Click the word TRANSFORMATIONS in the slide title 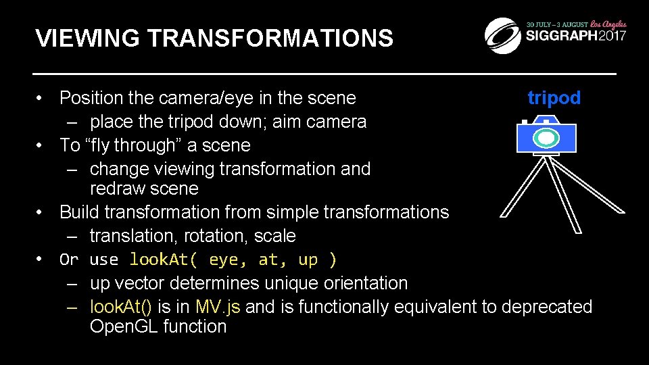point(270,39)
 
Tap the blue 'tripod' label point(554,98)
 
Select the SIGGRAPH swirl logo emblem point(502,34)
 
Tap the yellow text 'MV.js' point(217,307)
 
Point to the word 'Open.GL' point(124,326)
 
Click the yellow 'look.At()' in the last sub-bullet point(121,307)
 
